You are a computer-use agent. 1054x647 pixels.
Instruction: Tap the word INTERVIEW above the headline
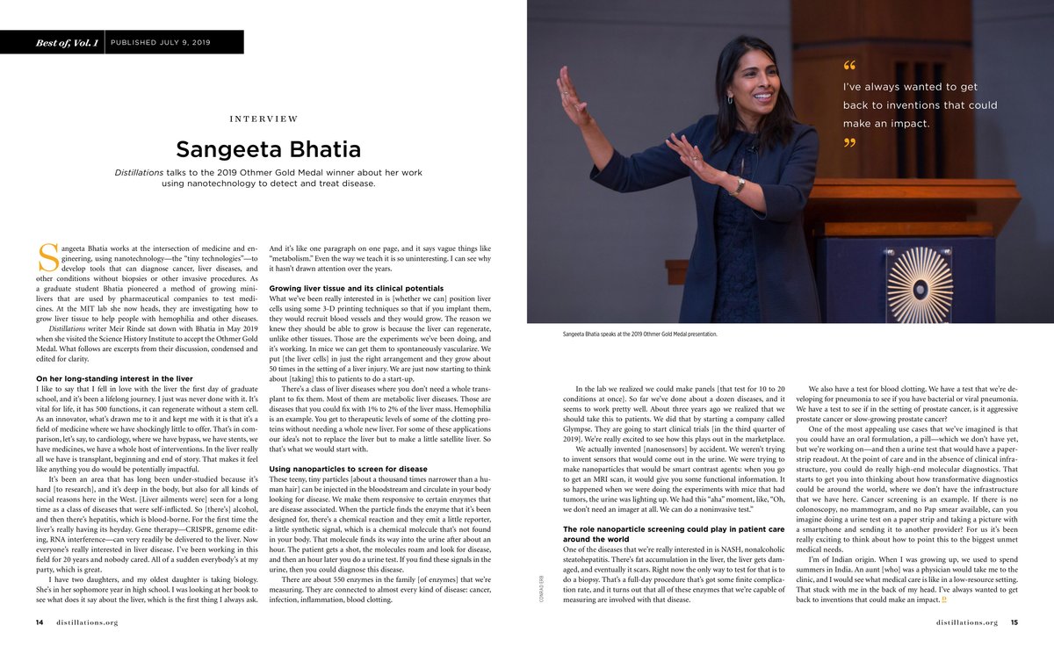pos(263,119)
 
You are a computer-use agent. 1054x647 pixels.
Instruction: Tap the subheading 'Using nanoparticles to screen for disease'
pos(348,470)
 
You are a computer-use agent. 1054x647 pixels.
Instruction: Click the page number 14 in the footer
pos(40,622)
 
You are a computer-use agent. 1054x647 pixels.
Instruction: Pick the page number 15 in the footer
pos(1014,622)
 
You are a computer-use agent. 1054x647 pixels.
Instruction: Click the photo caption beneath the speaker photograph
pos(642,334)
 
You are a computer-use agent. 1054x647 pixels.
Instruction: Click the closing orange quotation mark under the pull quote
pos(848,142)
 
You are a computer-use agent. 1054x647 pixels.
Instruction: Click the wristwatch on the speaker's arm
pos(740,185)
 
